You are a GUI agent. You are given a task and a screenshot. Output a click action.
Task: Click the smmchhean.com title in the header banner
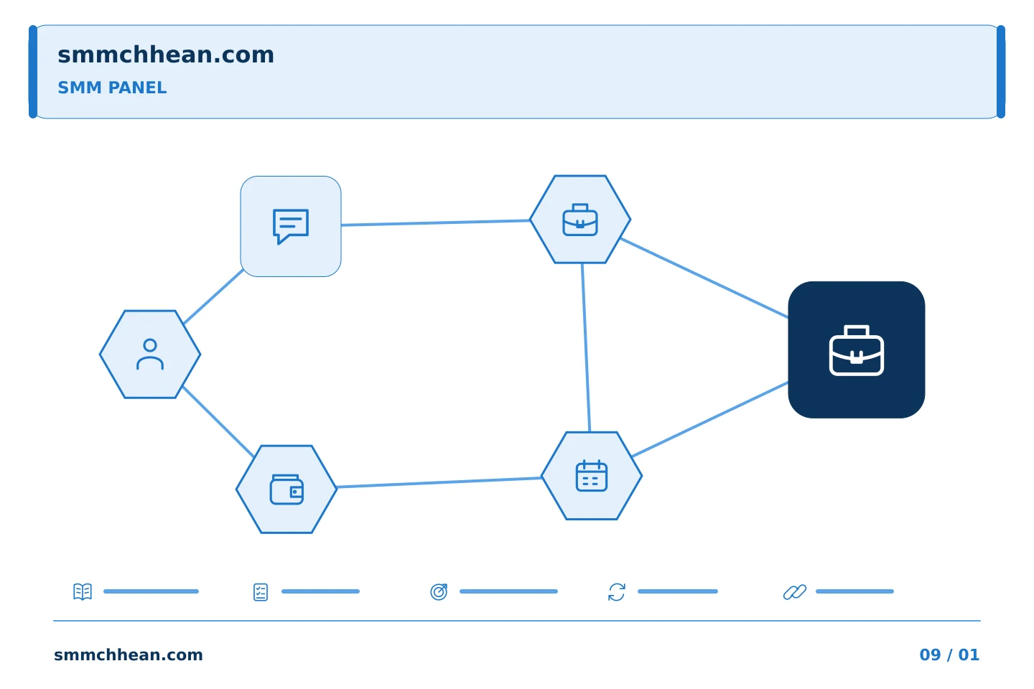(166, 55)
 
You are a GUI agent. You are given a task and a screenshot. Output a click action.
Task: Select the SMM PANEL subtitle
(112, 88)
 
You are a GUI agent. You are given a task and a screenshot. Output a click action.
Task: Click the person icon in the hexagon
(150, 355)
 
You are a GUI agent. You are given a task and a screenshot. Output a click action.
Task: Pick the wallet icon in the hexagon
(287, 489)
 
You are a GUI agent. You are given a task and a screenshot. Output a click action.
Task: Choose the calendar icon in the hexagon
(592, 476)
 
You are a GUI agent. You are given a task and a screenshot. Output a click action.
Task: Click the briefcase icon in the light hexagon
(580, 220)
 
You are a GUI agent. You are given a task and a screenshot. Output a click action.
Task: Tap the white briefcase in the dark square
(857, 350)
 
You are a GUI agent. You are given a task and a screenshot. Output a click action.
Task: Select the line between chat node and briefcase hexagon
(435, 223)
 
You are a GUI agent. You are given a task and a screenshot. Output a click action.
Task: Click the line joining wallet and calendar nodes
(439, 482)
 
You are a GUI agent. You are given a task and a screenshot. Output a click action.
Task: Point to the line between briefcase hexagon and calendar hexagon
(586, 347)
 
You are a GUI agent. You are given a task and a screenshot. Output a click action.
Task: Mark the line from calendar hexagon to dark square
(710, 419)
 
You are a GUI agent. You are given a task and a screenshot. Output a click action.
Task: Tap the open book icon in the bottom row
(83, 591)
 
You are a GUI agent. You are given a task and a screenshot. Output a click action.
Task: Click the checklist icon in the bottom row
(261, 592)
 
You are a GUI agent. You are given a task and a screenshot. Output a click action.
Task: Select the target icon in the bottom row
(439, 591)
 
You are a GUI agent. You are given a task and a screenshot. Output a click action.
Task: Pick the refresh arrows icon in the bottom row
(617, 592)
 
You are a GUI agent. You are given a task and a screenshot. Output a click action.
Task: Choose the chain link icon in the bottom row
(795, 592)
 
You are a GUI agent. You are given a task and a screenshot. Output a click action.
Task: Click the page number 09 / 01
(949, 655)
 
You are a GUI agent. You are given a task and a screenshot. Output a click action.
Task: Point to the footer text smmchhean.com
(129, 655)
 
